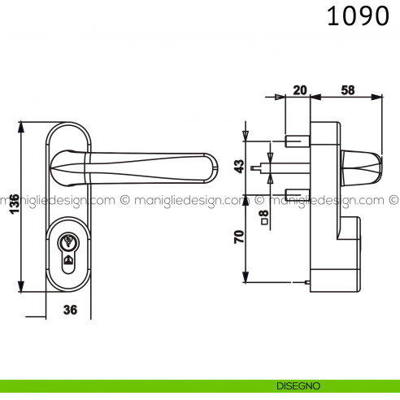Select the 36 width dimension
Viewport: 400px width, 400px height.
point(70,309)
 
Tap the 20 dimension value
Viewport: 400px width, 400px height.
point(298,90)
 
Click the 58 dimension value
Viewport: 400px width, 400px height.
point(347,90)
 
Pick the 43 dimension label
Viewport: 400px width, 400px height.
point(239,166)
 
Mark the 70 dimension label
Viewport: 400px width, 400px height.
point(239,239)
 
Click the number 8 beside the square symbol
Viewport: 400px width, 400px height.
point(263,214)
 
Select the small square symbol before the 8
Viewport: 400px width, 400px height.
point(263,224)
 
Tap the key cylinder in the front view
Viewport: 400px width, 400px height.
point(69,248)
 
